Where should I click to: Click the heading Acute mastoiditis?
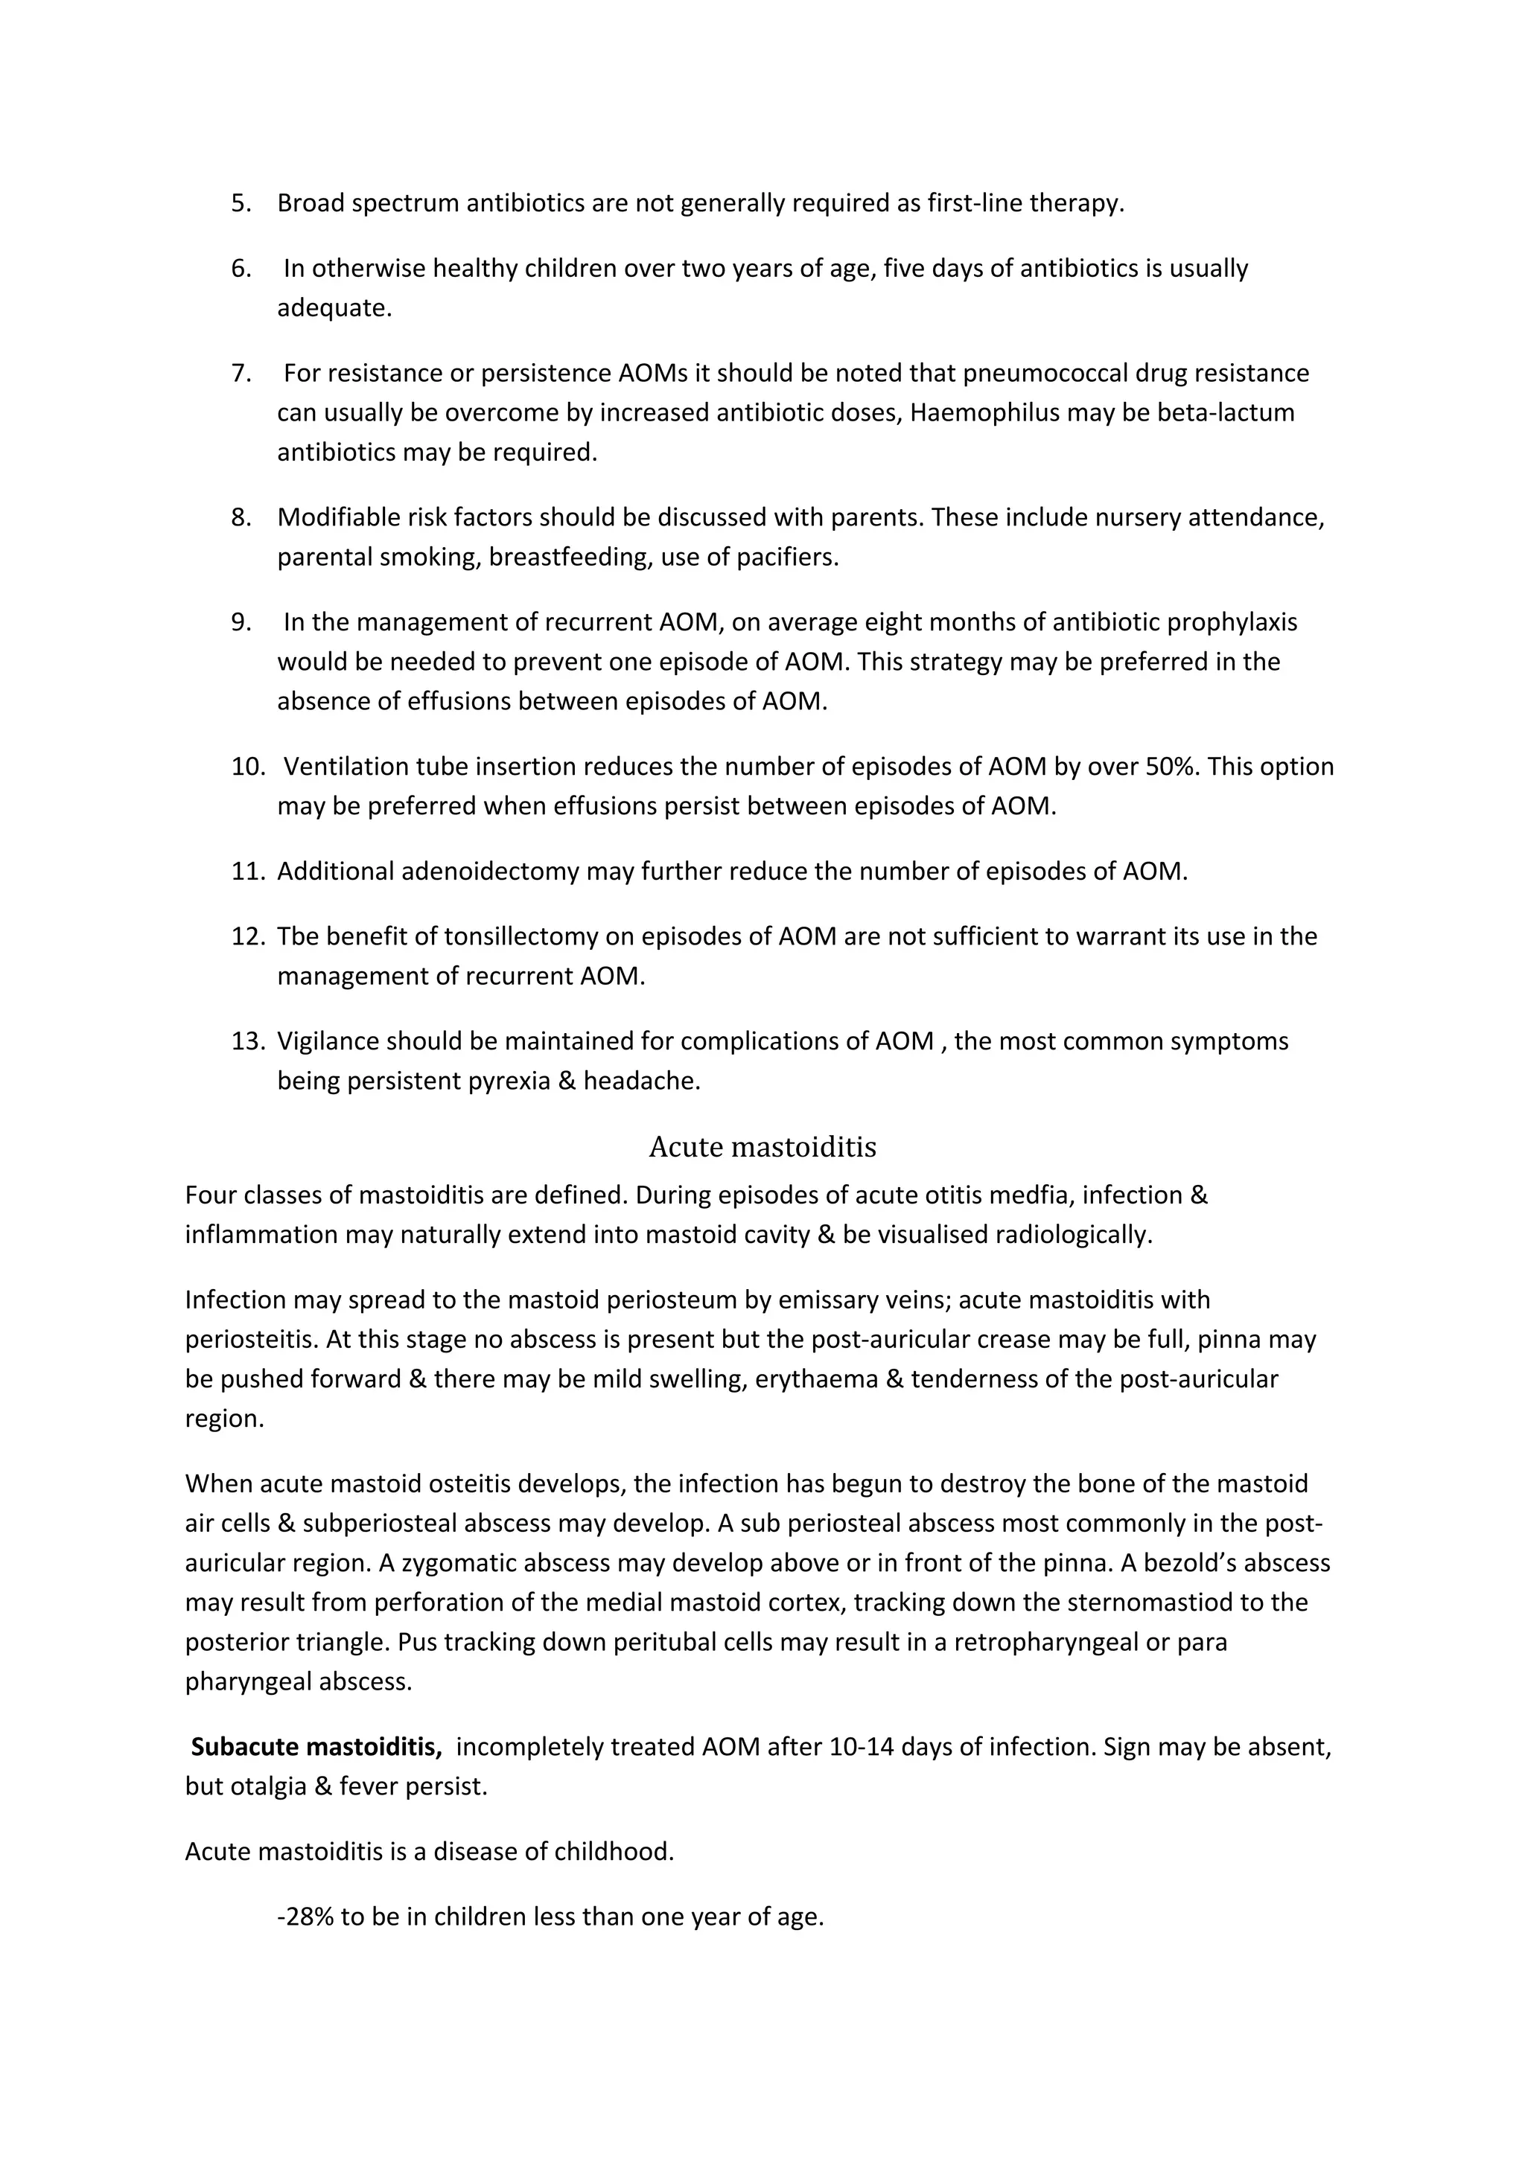pos(762,1147)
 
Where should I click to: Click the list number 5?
pos(241,203)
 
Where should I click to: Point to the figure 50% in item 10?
pos(1172,767)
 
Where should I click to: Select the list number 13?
pos(247,1041)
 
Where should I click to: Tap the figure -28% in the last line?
pos(305,1917)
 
